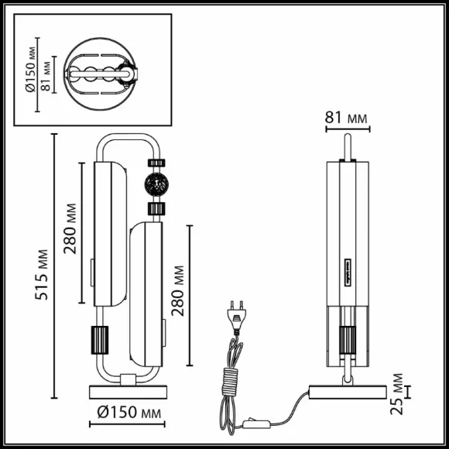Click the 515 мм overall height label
[42, 275]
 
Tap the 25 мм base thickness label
[396, 394]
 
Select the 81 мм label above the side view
[346, 118]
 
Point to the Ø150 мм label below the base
[129, 413]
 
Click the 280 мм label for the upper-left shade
[70, 228]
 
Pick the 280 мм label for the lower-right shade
[177, 290]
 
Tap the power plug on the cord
[237, 317]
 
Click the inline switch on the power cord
[256, 423]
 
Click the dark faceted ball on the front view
[156, 184]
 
